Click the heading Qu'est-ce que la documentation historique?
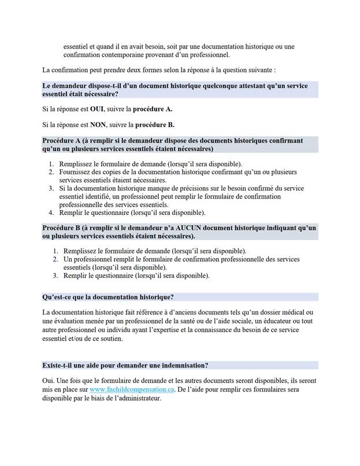pyautogui.click(x=108, y=297)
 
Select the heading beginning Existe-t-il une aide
pyautogui.click(x=125, y=366)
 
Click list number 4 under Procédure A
pyautogui.click(x=51, y=213)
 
